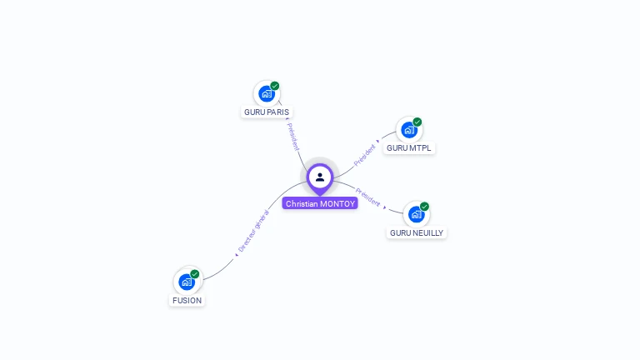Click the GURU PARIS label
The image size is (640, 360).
[267, 112]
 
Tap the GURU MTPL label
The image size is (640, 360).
[409, 147]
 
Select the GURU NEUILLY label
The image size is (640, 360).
[417, 232]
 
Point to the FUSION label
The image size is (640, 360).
[187, 300]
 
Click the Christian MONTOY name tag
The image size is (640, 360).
[320, 203]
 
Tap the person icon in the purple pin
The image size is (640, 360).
[320, 177]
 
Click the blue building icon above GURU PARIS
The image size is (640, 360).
[267, 93]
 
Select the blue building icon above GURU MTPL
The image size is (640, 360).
[408, 130]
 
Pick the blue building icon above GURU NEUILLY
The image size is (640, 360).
[416, 214]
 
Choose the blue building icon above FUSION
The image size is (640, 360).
[187, 282]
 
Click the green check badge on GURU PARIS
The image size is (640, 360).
[275, 86]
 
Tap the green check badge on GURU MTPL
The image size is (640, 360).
[417, 122]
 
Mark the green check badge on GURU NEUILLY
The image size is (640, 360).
[424, 207]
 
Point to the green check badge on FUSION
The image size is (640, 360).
[195, 274]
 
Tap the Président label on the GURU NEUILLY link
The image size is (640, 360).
[367, 197]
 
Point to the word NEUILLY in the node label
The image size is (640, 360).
[427, 232]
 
